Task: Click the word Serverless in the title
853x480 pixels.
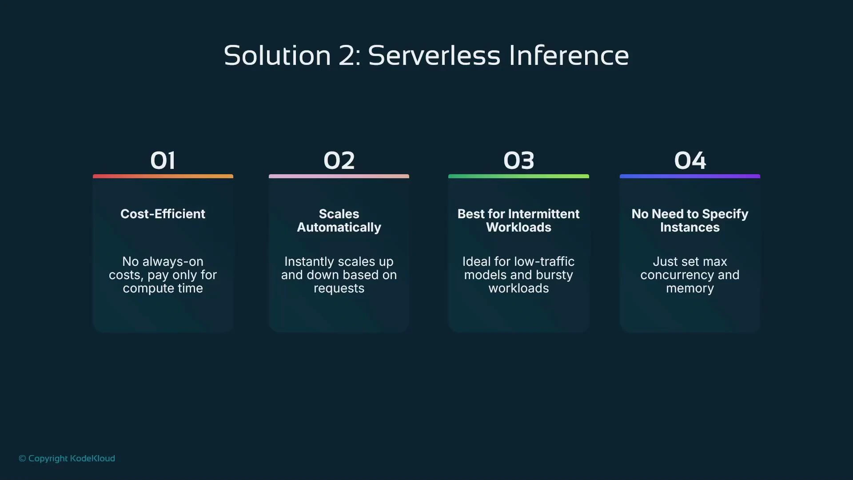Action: coord(434,56)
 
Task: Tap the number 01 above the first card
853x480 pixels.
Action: coord(163,160)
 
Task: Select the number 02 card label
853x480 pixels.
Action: coord(339,160)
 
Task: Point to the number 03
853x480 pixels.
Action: coord(518,160)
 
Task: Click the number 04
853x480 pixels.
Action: coord(690,160)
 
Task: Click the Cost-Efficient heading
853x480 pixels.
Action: coord(163,214)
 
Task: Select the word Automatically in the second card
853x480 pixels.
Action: coord(339,228)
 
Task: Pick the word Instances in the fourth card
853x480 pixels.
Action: coord(690,228)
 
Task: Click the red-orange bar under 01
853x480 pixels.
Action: coord(163,176)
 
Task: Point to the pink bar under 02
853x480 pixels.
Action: coord(339,176)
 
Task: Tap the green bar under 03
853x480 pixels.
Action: coord(518,176)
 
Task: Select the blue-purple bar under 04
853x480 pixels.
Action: coord(690,176)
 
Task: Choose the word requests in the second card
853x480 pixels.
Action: coord(339,288)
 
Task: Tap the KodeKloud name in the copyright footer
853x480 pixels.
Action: coord(92,458)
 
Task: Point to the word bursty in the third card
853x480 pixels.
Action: coord(554,275)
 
